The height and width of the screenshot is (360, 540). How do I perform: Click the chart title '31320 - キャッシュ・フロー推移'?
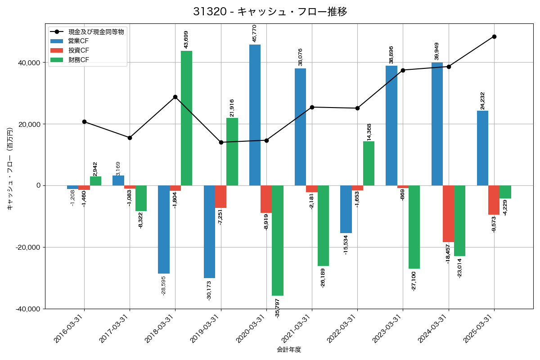tap(270, 12)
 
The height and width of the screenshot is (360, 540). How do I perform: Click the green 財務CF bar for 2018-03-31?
tap(186, 118)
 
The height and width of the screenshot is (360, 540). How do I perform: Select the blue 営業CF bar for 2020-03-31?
tap(255, 115)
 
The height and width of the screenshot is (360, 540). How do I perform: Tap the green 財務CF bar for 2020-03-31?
tap(278, 240)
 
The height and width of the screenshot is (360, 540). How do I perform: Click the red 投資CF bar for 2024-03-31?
tap(448, 214)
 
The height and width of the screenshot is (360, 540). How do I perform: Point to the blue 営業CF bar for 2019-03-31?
tap(209, 232)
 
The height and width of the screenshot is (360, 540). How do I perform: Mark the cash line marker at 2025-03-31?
tap(494, 36)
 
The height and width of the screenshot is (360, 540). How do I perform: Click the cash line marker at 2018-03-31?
tap(175, 97)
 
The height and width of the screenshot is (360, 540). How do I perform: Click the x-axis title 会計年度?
tap(289, 350)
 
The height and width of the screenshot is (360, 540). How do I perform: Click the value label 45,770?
tap(255, 33)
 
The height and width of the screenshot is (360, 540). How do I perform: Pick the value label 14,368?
tap(369, 132)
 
